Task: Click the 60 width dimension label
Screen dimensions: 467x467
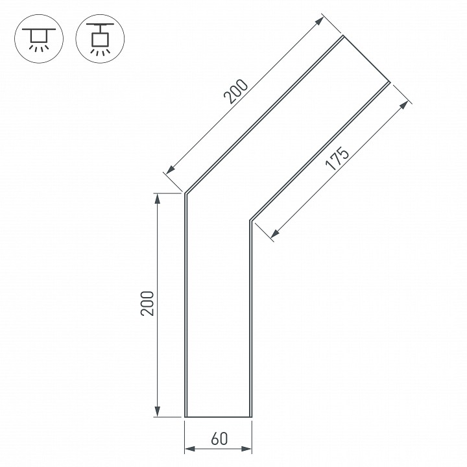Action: point(219,438)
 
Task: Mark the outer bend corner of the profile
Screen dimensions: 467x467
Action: point(186,193)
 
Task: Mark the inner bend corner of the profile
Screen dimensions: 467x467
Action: point(250,221)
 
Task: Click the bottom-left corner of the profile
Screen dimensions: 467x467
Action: point(186,416)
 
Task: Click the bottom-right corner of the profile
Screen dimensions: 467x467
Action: point(251,416)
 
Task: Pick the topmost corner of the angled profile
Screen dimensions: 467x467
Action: point(343,37)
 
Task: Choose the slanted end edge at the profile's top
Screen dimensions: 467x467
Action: point(366,60)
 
